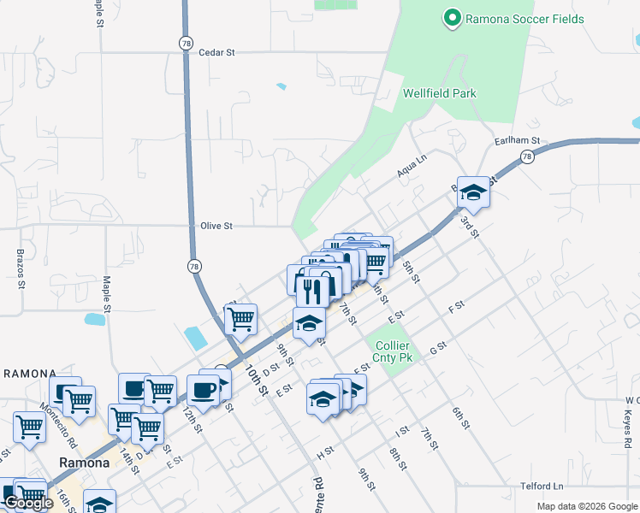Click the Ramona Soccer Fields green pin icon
(452, 18)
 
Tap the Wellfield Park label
(439, 93)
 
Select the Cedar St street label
(216, 52)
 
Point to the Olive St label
(216, 226)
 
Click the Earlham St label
(518, 140)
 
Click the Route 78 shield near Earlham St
(527, 156)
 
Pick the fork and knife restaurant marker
(311, 291)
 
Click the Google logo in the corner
(28, 504)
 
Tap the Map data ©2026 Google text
(588, 506)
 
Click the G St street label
(438, 349)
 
